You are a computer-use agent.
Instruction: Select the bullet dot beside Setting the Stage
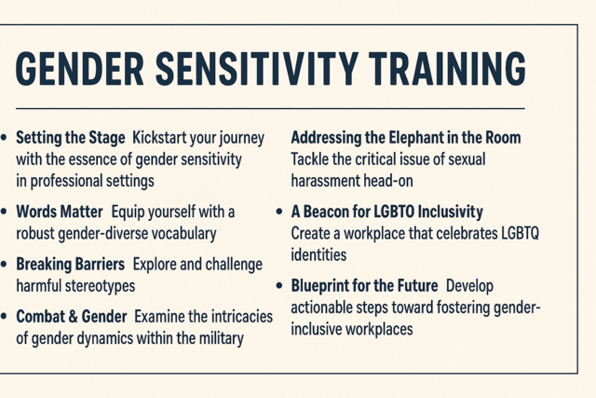(6, 138)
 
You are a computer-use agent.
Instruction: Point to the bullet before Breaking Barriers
(6, 265)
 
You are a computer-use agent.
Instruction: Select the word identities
(318, 254)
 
